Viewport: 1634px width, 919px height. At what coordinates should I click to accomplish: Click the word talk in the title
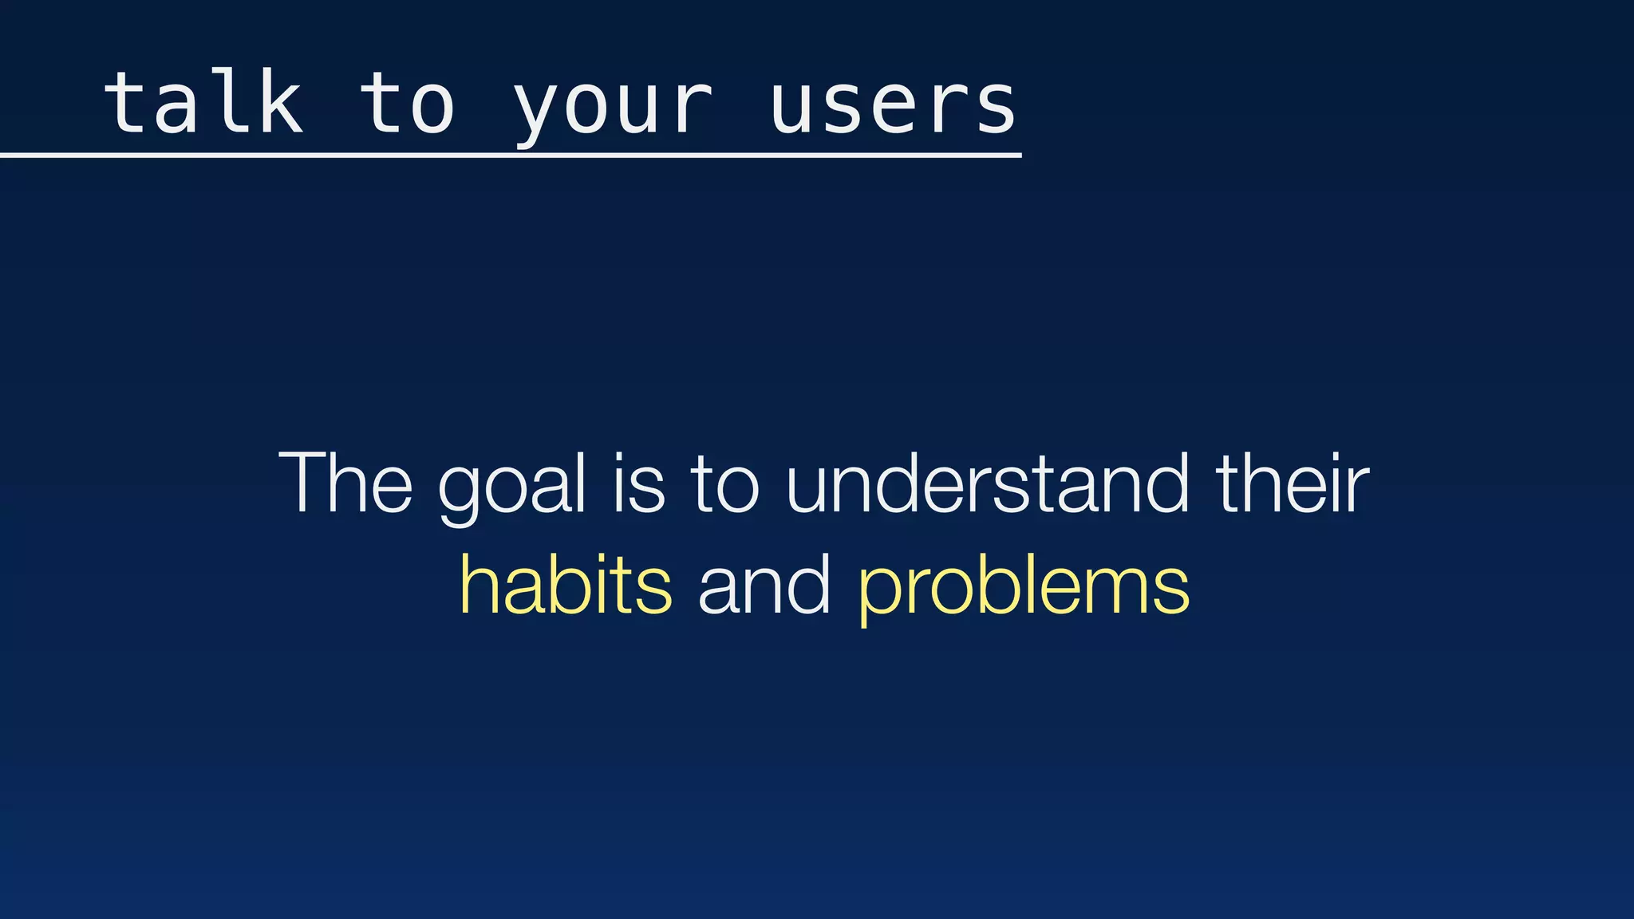(203, 104)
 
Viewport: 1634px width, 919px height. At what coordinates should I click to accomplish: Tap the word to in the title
(408, 104)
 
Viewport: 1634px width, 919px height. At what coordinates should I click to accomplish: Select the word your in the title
(613, 108)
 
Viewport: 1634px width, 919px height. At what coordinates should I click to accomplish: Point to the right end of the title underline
(1019, 156)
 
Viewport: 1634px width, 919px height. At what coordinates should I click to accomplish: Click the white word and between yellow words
(764, 586)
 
